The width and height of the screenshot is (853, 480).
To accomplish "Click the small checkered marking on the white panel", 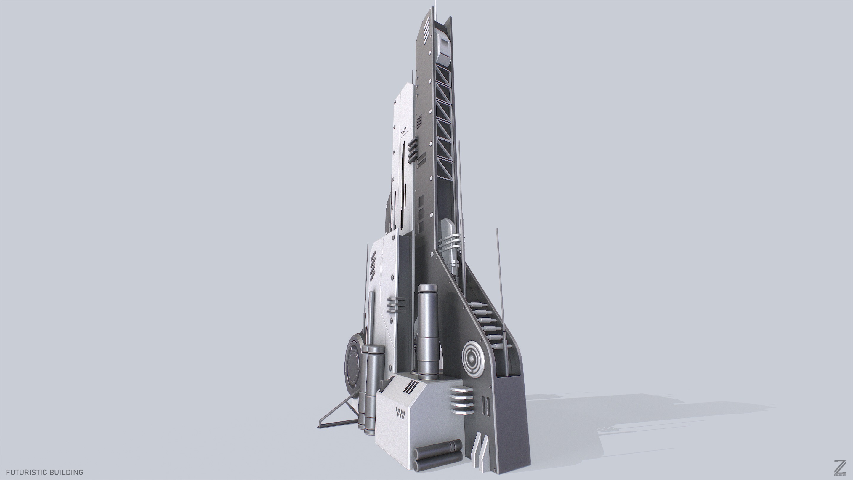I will coord(404,132).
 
